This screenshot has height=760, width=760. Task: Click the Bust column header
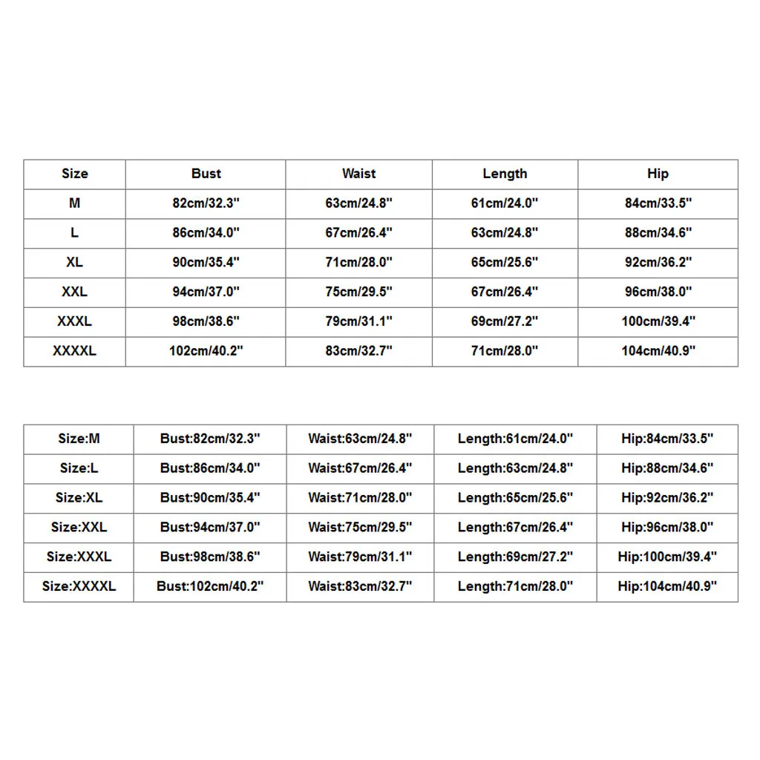coord(206,174)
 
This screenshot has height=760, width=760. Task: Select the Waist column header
coord(358,174)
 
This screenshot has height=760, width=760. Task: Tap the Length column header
coord(505,174)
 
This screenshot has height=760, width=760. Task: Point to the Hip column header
coord(658,174)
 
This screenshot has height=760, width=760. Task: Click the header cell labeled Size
coord(74,174)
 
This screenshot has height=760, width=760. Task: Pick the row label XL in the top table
coord(74,262)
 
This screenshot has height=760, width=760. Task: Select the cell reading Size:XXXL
coord(79,557)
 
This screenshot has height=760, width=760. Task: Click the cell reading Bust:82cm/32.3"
coord(210,439)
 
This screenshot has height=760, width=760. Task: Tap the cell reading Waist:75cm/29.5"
coord(360,527)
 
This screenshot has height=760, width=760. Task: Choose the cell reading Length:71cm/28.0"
coord(515,586)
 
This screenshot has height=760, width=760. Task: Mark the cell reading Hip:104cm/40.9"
coord(667,586)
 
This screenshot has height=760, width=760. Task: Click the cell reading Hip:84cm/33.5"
coord(667,439)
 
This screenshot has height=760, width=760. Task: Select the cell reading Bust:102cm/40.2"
coord(210,586)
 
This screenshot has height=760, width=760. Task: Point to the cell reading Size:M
coord(79,439)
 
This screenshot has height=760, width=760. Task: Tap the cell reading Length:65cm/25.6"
coord(515,497)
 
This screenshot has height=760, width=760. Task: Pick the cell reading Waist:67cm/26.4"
coord(360,468)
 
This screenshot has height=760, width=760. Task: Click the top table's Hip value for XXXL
coord(658,321)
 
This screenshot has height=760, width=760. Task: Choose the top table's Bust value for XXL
coord(206,292)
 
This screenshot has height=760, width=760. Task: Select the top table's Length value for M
coord(505,203)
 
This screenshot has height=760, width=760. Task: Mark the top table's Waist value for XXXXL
coord(358,351)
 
